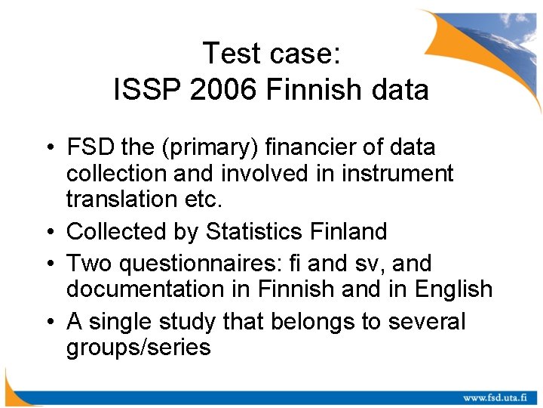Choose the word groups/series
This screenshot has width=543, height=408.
138,348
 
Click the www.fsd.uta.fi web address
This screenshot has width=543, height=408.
494,397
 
